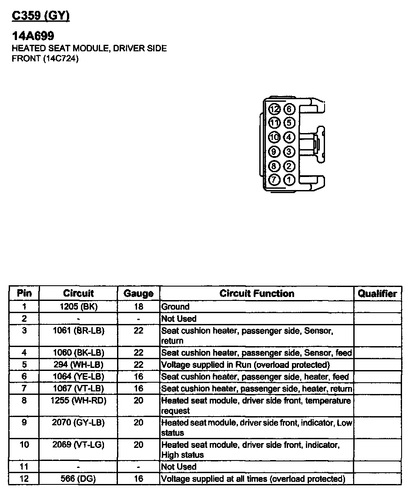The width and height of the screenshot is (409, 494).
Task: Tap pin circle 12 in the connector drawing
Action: pyautogui.click(x=274, y=110)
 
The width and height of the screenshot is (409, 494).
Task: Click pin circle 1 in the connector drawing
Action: pyautogui.click(x=289, y=180)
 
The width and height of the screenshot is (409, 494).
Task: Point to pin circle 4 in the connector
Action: pyautogui.click(x=289, y=138)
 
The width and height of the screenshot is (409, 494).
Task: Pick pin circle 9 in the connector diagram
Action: pyautogui.click(x=274, y=152)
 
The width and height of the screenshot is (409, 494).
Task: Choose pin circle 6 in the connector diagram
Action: pyautogui.click(x=289, y=110)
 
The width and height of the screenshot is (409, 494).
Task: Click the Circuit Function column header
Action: pyautogui.click(x=257, y=294)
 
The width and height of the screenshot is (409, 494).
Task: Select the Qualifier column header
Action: pyautogui.click(x=377, y=294)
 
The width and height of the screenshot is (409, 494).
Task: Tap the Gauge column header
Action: pyautogui.click(x=138, y=294)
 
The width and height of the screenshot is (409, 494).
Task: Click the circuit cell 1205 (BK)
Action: pyautogui.click(x=79, y=307)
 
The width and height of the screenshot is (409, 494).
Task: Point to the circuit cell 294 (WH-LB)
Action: pyautogui.click(x=79, y=364)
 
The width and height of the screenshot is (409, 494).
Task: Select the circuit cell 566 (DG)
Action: pyautogui.click(x=79, y=479)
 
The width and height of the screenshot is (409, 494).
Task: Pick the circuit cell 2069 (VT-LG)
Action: pyautogui.click(x=79, y=445)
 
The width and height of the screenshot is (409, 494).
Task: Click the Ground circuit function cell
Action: pyautogui.click(x=175, y=307)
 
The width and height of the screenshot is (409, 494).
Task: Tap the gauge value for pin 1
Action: pyautogui.click(x=138, y=307)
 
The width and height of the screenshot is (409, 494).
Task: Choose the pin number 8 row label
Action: pyautogui.click(x=24, y=401)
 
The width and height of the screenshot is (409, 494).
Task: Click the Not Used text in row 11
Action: pyautogui.click(x=179, y=467)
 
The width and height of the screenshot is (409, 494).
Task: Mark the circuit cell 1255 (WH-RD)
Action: pyautogui.click(x=79, y=401)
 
